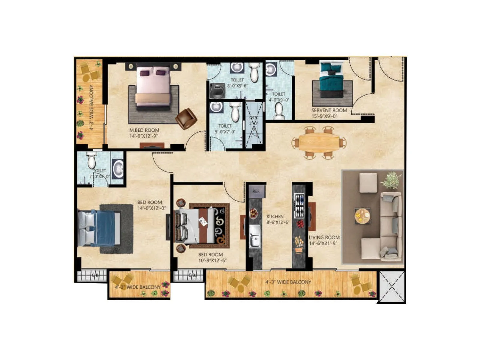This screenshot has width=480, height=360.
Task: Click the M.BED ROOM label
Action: pos(144,130)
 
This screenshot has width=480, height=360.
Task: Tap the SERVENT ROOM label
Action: pos(329,110)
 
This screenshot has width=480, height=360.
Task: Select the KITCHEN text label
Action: pos(275,216)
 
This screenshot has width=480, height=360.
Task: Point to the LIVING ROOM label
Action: pos(324,237)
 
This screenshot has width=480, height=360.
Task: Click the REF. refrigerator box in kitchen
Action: pos(256,191)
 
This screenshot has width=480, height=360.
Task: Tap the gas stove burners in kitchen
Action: pos(299,206)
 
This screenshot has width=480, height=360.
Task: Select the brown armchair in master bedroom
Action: pos(186,119)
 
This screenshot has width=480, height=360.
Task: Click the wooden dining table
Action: pos(319,142)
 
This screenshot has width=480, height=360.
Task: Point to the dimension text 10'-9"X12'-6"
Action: pos(212,260)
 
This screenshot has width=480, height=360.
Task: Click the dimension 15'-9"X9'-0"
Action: pos(324,116)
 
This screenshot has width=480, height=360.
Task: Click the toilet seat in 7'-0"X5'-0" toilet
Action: pos(91,160)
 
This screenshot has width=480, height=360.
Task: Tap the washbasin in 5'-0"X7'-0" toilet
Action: pos(215,107)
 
